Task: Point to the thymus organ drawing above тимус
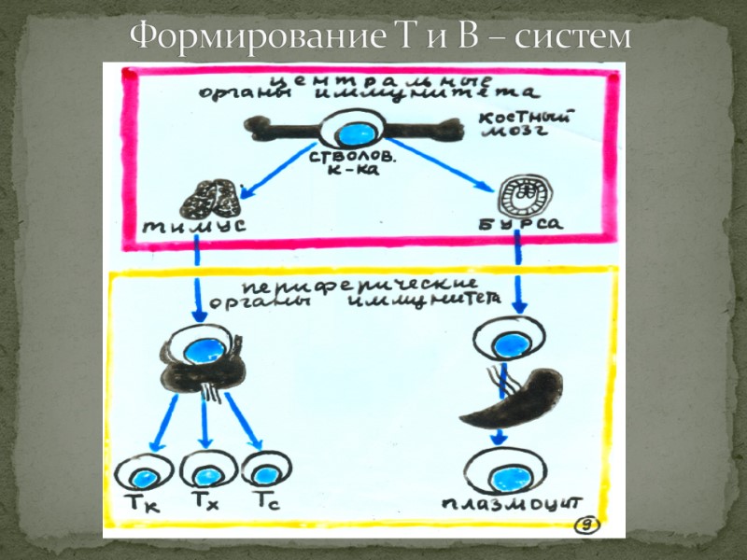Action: point(212,195)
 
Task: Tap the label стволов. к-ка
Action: point(352,163)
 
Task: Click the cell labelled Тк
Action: point(145,475)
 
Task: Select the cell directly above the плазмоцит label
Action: point(505,474)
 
